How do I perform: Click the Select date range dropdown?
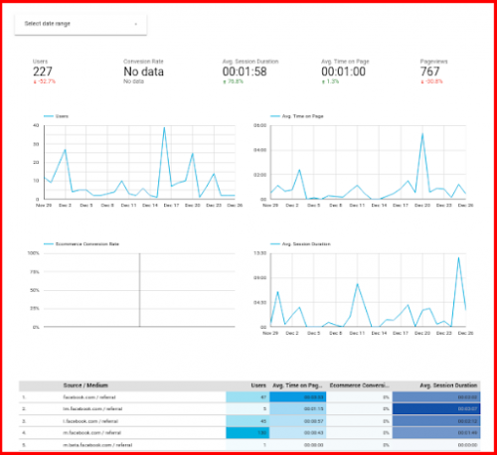80,23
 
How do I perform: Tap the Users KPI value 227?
43,71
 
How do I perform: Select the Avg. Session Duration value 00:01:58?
249,71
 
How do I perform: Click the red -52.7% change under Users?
41,81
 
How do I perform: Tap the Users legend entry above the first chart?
61,116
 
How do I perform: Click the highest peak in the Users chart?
164,128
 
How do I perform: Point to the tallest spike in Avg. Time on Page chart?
422,134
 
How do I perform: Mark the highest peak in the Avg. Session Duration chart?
458,258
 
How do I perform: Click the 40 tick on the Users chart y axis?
35,126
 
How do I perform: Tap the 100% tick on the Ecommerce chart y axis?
33,253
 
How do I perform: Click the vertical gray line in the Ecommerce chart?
139,289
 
